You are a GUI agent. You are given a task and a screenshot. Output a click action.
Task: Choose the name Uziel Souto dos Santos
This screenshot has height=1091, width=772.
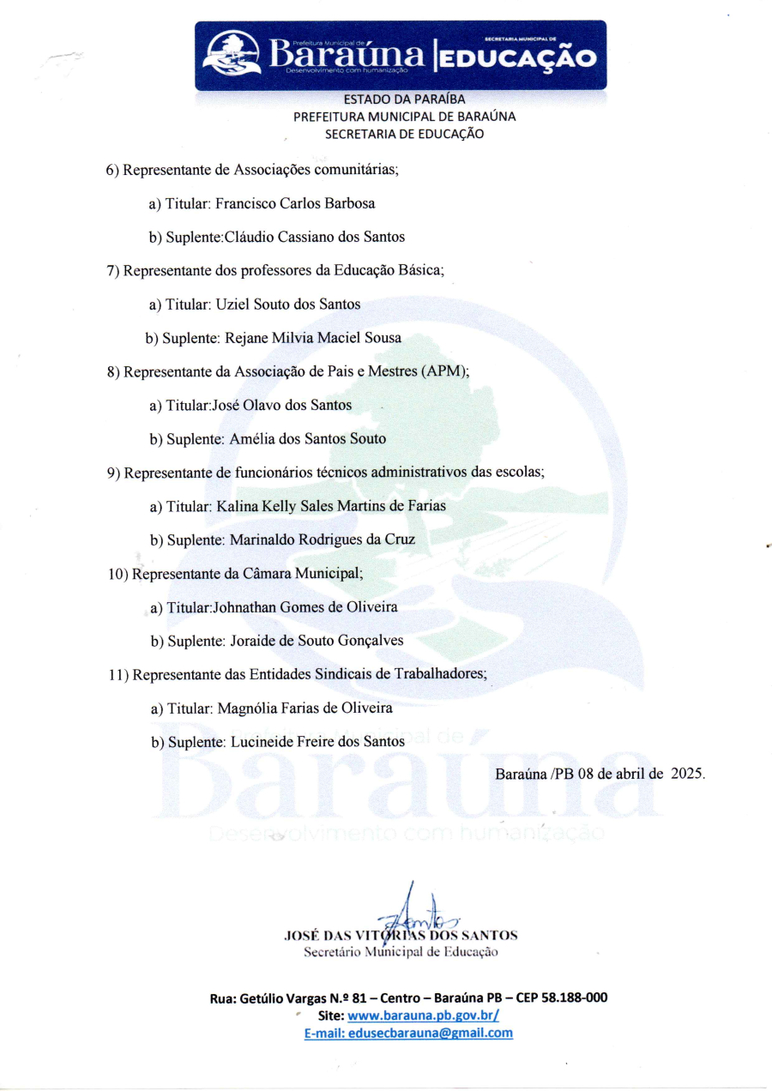click(x=288, y=304)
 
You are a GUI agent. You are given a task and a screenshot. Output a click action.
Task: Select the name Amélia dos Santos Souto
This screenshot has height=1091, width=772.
click(x=307, y=438)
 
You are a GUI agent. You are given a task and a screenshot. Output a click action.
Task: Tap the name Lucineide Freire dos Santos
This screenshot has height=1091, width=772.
click(x=317, y=741)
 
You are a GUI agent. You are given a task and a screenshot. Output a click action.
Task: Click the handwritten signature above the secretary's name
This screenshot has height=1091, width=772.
click(x=415, y=909)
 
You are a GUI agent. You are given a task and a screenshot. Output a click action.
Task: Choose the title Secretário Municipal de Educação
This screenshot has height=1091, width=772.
click(x=400, y=950)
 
